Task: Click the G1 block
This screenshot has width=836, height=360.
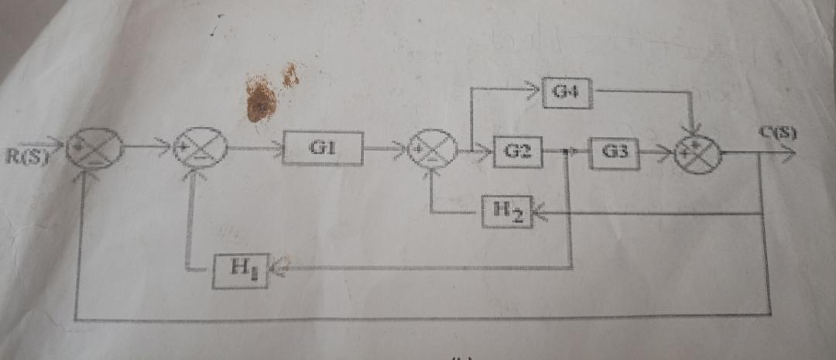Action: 323,148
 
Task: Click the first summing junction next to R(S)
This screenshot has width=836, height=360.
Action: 94,147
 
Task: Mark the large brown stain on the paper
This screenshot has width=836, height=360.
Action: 261,101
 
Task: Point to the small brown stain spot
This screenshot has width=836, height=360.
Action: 290,75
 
